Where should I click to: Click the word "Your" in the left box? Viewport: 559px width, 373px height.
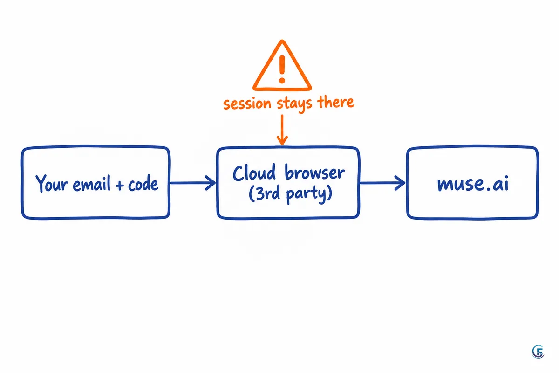coord(52,183)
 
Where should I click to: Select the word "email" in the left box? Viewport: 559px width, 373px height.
coord(92,184)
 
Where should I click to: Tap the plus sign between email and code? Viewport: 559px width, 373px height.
coord(120,186)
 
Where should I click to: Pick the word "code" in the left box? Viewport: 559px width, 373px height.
coord(143,184)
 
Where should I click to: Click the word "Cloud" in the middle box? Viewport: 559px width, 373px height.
coord(254,173)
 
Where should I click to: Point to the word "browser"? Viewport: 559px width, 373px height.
coord(315,173)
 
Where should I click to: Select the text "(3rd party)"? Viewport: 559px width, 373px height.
coord(291,194)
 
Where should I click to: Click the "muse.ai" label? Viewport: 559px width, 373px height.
coord(473,184)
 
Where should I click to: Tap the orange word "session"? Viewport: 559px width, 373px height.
coord(247,104)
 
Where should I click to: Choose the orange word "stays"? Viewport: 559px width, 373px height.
coord(294,104)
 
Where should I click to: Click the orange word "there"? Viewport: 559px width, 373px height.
coord(336,102)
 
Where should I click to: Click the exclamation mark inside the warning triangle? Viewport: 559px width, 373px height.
coord(282,69)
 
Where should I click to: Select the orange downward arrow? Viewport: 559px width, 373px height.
coord(282,130)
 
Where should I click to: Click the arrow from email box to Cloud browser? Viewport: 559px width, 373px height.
coord(193,183)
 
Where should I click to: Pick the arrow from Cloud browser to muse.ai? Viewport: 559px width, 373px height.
coord(382,183)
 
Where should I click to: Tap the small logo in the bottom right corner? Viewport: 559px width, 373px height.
coord(538,352)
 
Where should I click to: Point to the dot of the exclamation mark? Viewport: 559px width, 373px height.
coord(282,81)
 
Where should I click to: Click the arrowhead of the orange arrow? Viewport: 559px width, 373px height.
coord(282,141)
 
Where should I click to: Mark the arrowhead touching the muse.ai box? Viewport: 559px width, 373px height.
coord(400,183)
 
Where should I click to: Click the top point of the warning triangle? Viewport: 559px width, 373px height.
coord(282,40)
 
